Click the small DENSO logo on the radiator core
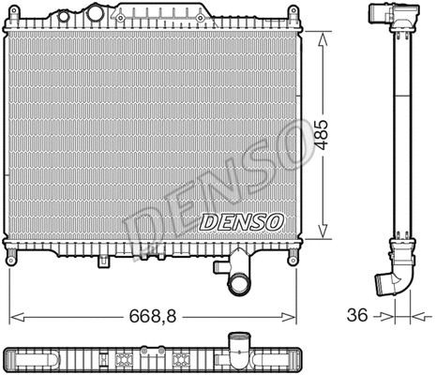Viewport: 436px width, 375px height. click(x=240, y=222)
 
